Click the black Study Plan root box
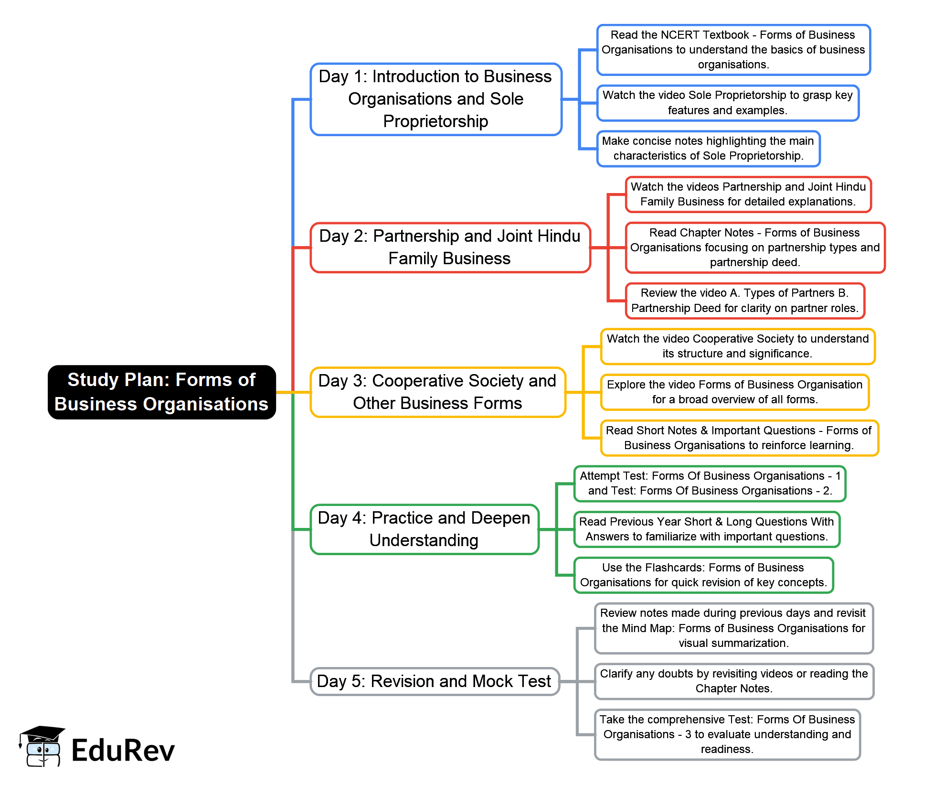pyautogui.click(x=161, y=392)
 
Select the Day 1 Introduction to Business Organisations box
pyautogui.click(x=435, y=99)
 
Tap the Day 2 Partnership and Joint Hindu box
pyautogui.click(x=450, y=247)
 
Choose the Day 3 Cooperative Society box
pyautogui.click(x=437, y=392)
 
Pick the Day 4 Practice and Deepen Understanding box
pyautogui.click(x=424, y=529)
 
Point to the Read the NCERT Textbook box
pyautogui.click(x=733, y=50)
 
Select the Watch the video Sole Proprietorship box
pyautogui.click(x=727, y=103)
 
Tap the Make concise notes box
pyautogui.click(x=708, y=149)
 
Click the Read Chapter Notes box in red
pyautogui.click(x=754, y=247)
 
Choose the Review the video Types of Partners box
pyautogui.click(x=744, y=301)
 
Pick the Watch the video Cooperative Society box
pyautogui.click(x=737, y=346)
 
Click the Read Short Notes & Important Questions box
pyautogui.click(x=739, y=438)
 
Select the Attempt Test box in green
pyautogui.click(x=710, y=484)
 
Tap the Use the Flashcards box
pyautogui.click(x=703, y=575)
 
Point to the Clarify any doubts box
pyautogui.click(x=733, y=681)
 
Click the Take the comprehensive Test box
pyautogui.click(x=727, y=734)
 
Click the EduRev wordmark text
pyautogui.click(x=123, y=751)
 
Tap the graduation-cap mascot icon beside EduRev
pyautogui.click(x=42, y=746)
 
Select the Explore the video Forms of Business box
pyautogui.click(x=734, y=392)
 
